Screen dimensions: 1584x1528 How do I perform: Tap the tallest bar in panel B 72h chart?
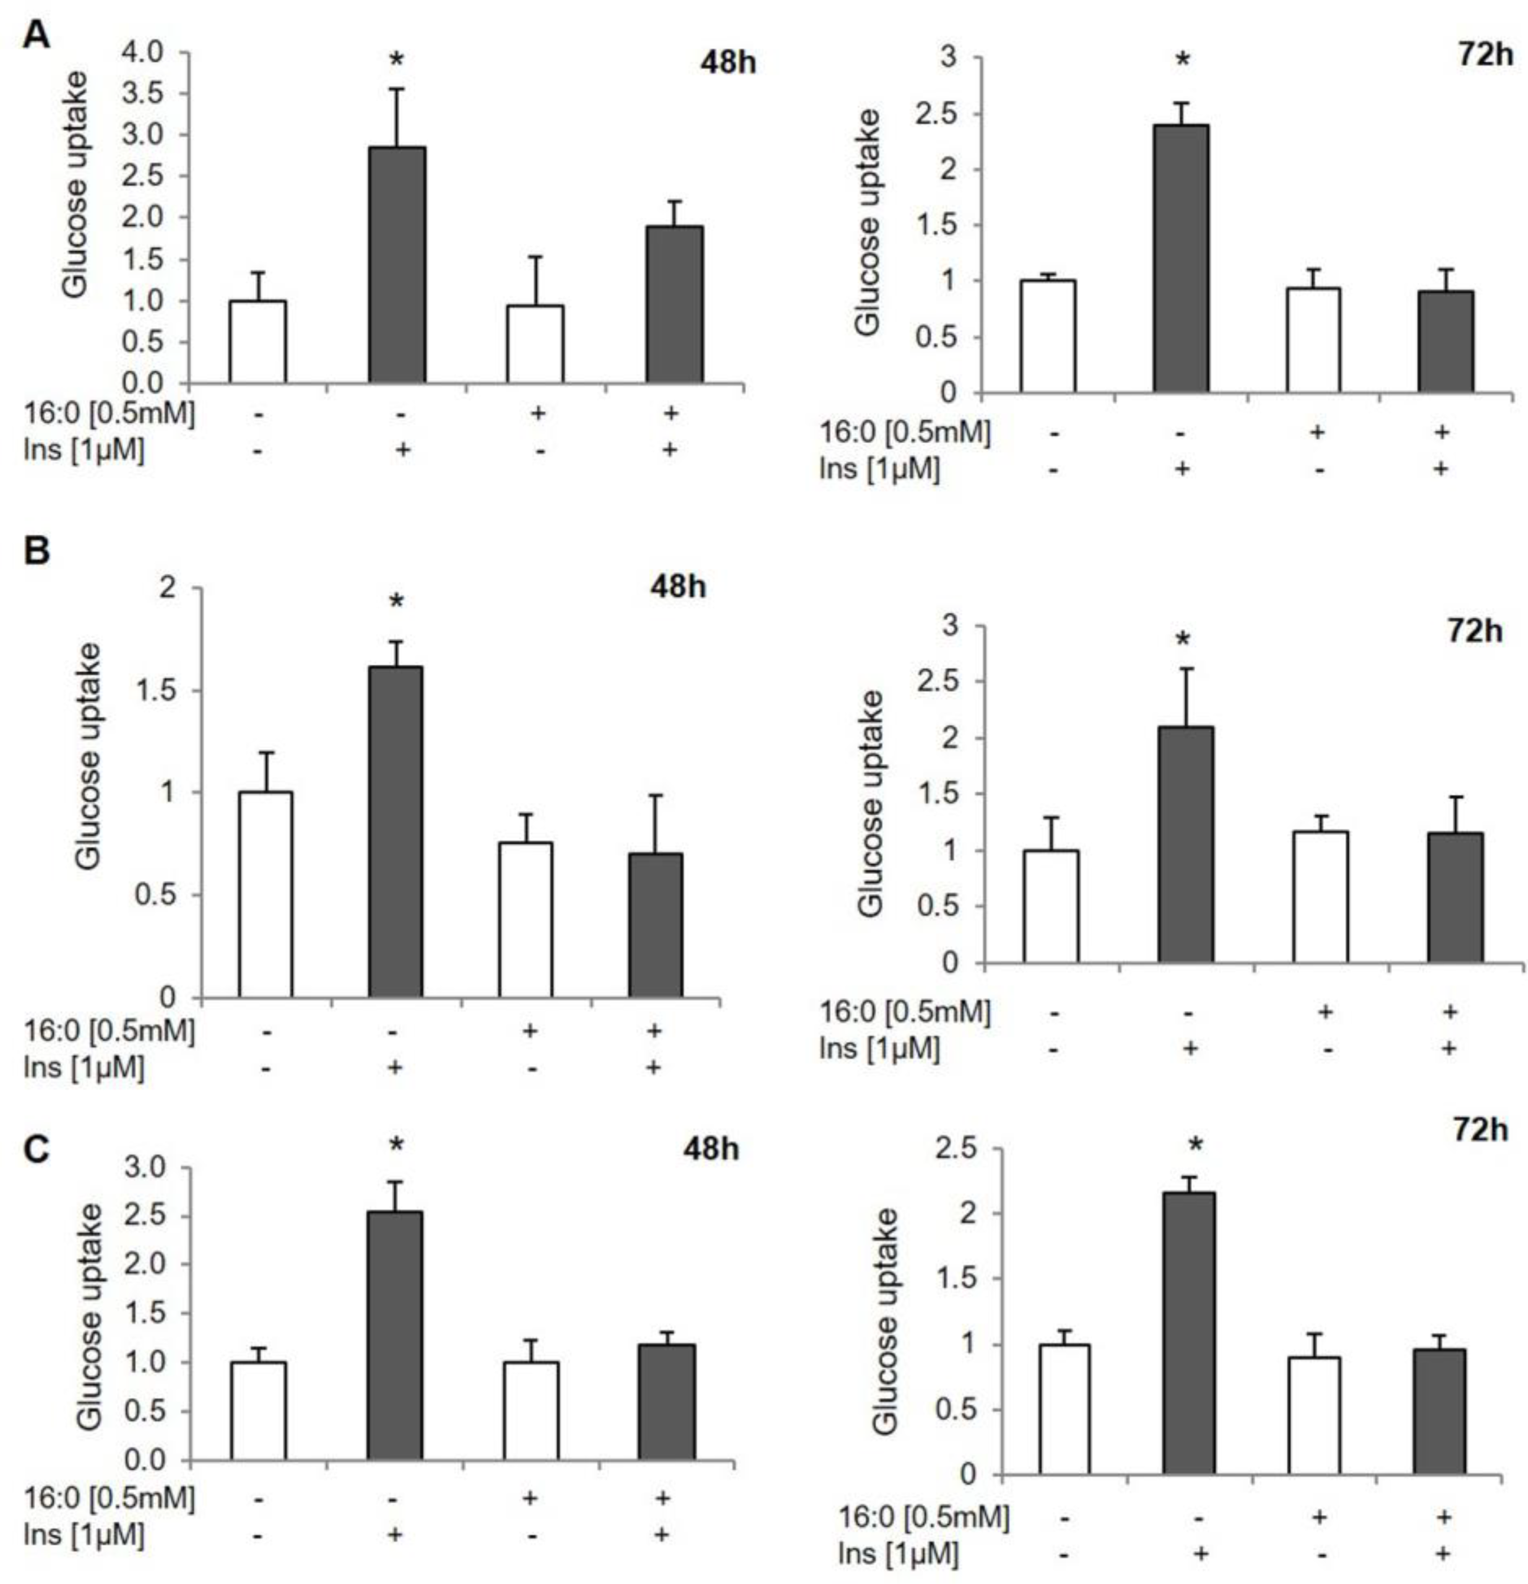[x=1185, y=845]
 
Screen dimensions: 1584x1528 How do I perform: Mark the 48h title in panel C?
[x=708, y=1148]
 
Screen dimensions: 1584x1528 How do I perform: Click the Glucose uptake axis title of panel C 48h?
[x=91, y=1316]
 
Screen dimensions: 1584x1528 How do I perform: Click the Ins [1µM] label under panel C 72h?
[x=898, y=1553]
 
